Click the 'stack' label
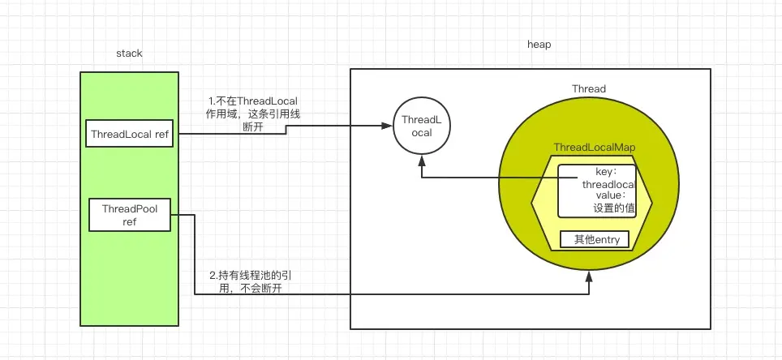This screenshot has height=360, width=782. (x=130, y=54)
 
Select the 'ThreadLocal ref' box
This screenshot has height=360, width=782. (x=131, y=134)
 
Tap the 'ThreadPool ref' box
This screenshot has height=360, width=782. (x=130, y=215)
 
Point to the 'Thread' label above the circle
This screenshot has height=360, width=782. (x=589, y=88)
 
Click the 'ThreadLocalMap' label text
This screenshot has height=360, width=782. (x=593, y=148)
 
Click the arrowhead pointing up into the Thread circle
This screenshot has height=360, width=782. (x=590, y=277)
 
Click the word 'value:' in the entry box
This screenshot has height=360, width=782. (x=609, y=196)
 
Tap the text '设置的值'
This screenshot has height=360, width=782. (x=612, y=208)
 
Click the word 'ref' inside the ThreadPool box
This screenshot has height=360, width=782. (x=130, y=221)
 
